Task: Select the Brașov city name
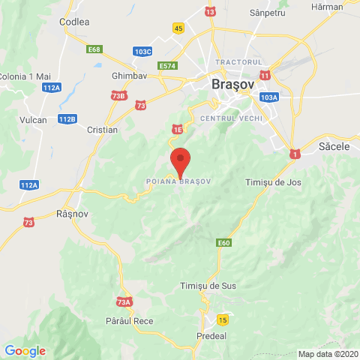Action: click(232, 85)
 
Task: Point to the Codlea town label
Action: click(75, 22)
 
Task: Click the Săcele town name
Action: click(334, 147)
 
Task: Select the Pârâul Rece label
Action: click(130, 321)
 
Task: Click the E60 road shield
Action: click(224, 243)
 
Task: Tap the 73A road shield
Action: click(124, 302)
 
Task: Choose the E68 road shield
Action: click(94, 49)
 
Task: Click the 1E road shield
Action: click(178, 130)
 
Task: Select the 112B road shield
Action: click(67, 119)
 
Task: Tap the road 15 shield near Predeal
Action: click(222, 320)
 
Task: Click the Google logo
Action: click(25, 351)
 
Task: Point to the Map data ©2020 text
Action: click(328, 354)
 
